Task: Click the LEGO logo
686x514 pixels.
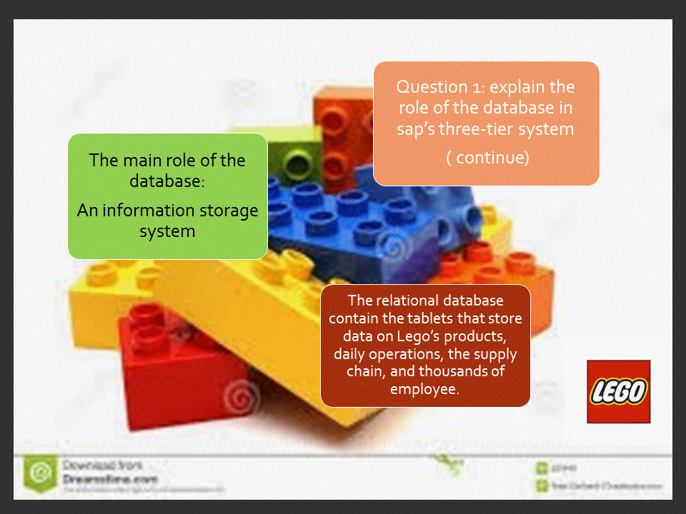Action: (x=618, y=391)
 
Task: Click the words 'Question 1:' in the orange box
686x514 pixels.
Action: (x=431, y=87)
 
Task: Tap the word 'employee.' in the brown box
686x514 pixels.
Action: (x=425, y=389)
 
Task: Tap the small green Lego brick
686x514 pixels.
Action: (x=293, y=150)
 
